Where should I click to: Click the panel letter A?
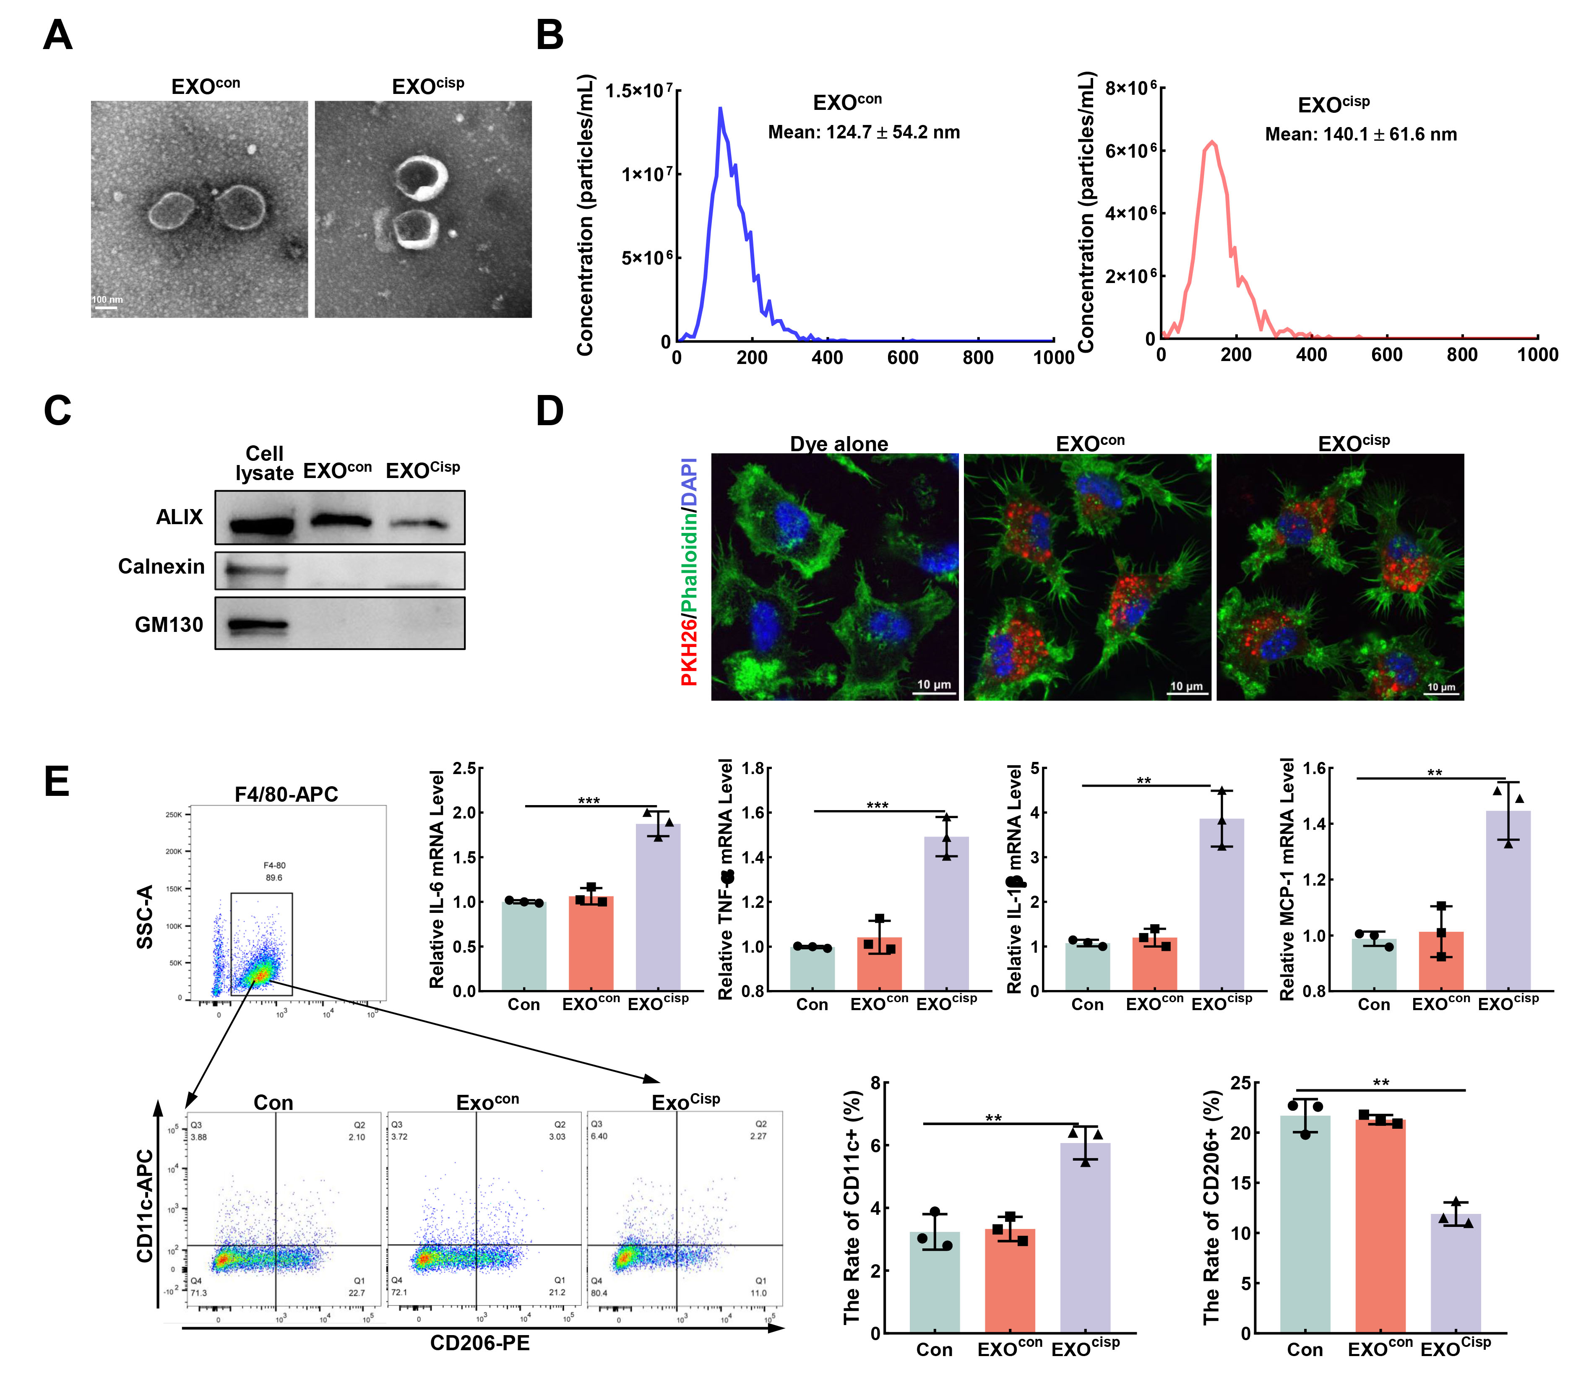[58, 35]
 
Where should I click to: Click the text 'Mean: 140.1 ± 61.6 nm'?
[1361, 135]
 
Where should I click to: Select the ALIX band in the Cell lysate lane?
[262, 526]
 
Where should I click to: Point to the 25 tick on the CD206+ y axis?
[1240, 1083]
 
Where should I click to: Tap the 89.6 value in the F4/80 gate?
[274, 877]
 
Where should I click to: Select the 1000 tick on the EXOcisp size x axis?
[1537, 355]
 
